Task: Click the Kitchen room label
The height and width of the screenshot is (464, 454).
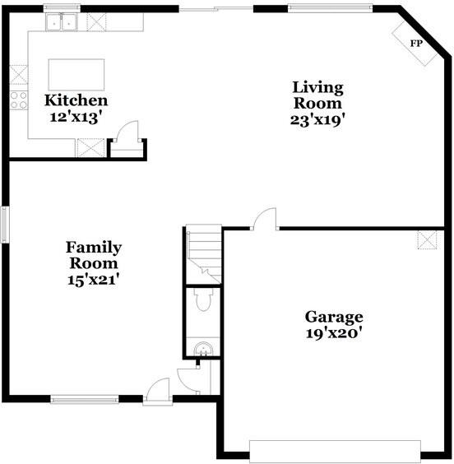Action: (x=76, y=100)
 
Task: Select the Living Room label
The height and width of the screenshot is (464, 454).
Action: (x=317, y=95)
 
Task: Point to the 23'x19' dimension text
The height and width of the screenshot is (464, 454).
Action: (x=317, y=120)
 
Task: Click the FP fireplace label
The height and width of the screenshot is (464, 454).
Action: (x=416, y=44)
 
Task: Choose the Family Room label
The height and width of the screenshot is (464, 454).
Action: (x=94, y=255)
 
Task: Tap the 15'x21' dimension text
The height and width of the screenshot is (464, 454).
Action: (x=94, y=280)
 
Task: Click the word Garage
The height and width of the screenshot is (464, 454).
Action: (x=334, y=318)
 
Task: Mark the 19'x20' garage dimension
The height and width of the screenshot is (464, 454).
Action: (x=334, y=333)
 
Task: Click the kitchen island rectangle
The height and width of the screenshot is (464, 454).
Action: (x=76, y=75)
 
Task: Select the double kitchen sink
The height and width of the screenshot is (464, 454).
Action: (x=62, y=22)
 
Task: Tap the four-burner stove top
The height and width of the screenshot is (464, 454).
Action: (x=19, y=100)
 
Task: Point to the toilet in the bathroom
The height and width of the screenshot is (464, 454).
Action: (x=203, y=299)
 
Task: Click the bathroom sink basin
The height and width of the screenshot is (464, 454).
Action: (x=203, y=349)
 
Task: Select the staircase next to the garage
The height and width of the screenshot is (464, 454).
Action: (x=204, y=254)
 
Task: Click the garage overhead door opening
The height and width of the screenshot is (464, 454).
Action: (x=335, y=451)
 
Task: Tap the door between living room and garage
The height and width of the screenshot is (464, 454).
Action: (x=266, y=219)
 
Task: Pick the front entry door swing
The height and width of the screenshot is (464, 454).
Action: (x=158, y=392)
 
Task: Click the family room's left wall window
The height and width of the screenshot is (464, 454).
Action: (x=5, y=225)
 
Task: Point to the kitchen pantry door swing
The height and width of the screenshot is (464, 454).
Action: (x=127, y=131)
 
